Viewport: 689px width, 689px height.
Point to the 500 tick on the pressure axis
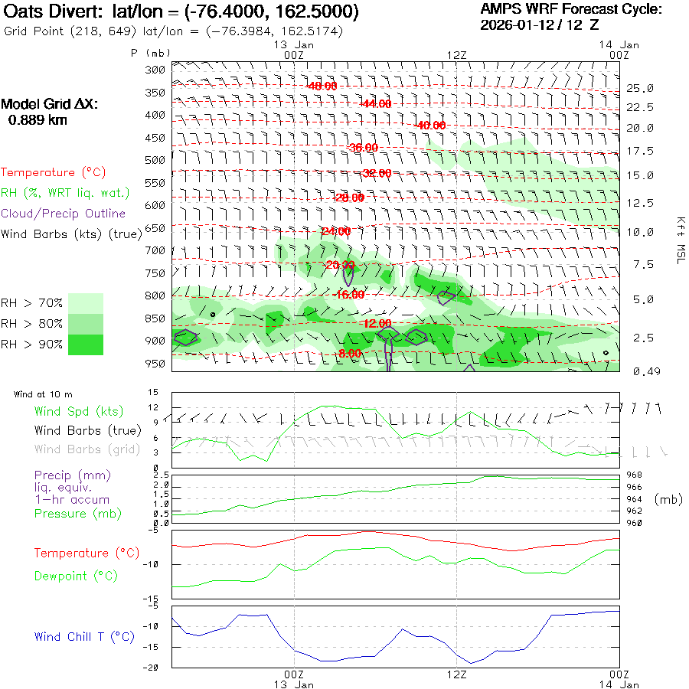[155, 160]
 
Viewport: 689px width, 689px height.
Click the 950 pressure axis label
[155, 363]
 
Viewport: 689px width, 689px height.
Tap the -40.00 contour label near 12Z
[429, 126]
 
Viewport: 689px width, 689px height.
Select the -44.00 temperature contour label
[376, 103]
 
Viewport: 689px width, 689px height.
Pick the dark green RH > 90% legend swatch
[86, 344]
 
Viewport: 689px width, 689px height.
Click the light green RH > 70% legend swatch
[86, 303]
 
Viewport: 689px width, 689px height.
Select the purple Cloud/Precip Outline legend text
[63, 214]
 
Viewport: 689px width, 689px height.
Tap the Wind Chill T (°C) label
[84, 637]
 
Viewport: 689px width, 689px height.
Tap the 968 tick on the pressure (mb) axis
[635, 475]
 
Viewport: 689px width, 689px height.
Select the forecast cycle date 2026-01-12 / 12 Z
[540, 24]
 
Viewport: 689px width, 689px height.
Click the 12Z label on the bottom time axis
[456, 674]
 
